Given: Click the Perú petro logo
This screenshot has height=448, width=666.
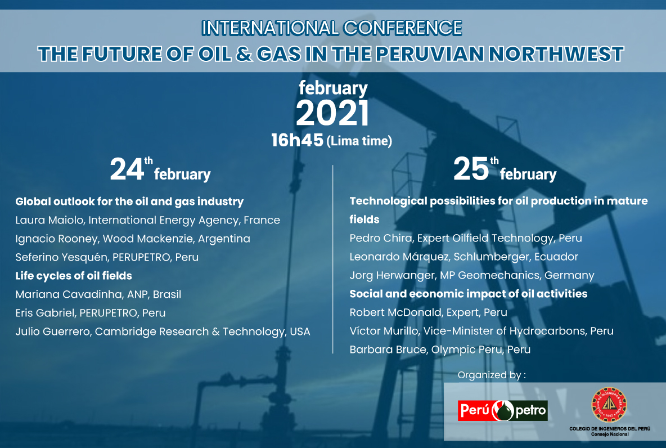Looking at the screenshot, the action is [x=502, y=411].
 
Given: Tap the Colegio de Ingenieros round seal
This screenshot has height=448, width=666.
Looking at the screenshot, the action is [x=609, y=404].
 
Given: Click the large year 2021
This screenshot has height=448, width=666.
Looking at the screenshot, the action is [x=332, y=113].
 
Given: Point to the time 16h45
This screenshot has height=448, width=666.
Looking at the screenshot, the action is [x=298, y=140].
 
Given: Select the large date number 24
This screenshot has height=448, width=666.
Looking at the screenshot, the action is [x=127, y=169].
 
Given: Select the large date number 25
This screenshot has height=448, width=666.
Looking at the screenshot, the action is [x=471, y=169].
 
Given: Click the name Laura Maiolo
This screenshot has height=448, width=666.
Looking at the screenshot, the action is [x=49, y=219].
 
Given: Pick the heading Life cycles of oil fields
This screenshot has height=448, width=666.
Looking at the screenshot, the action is [x=74, y=276].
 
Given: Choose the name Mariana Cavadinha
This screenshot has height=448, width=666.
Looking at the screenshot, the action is [x=67, y=294].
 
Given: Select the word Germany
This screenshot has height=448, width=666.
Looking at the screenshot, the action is [x=569, y=275].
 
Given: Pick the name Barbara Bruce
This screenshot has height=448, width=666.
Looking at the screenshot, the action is [x=388, y=350].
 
